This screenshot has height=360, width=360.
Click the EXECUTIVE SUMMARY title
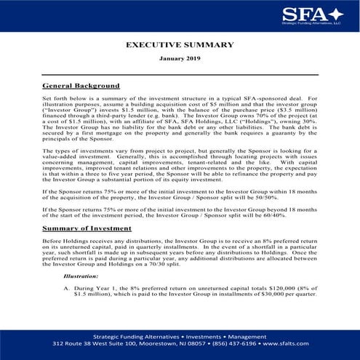coord(179,44)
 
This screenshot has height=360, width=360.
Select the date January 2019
coord(180,57)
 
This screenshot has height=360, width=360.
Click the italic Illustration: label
coord(81,276)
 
